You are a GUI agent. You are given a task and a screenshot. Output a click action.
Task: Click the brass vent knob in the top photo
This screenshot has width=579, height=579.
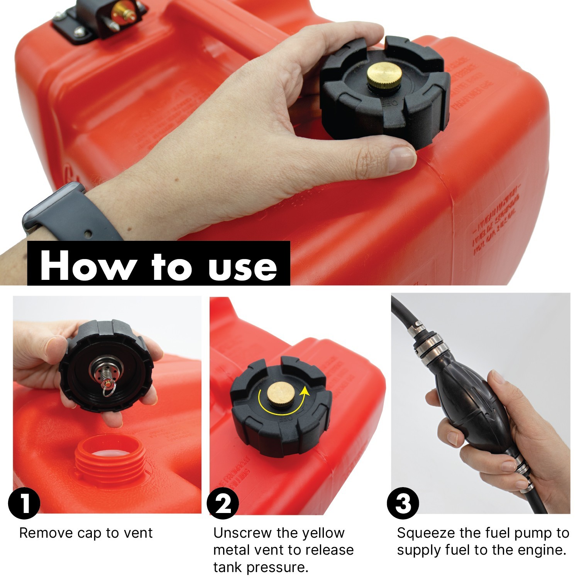(379, 76)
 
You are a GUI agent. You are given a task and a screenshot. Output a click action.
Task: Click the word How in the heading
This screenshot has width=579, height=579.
(86, 266)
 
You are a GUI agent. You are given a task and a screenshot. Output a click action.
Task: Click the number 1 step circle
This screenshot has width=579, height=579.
(24, 503)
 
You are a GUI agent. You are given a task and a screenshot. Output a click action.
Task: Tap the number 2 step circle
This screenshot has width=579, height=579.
(223, 503)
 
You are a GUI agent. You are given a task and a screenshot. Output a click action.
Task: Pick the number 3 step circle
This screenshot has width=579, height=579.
(403, 503)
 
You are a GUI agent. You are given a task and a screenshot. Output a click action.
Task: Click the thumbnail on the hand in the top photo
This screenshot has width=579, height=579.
(401, 158)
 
